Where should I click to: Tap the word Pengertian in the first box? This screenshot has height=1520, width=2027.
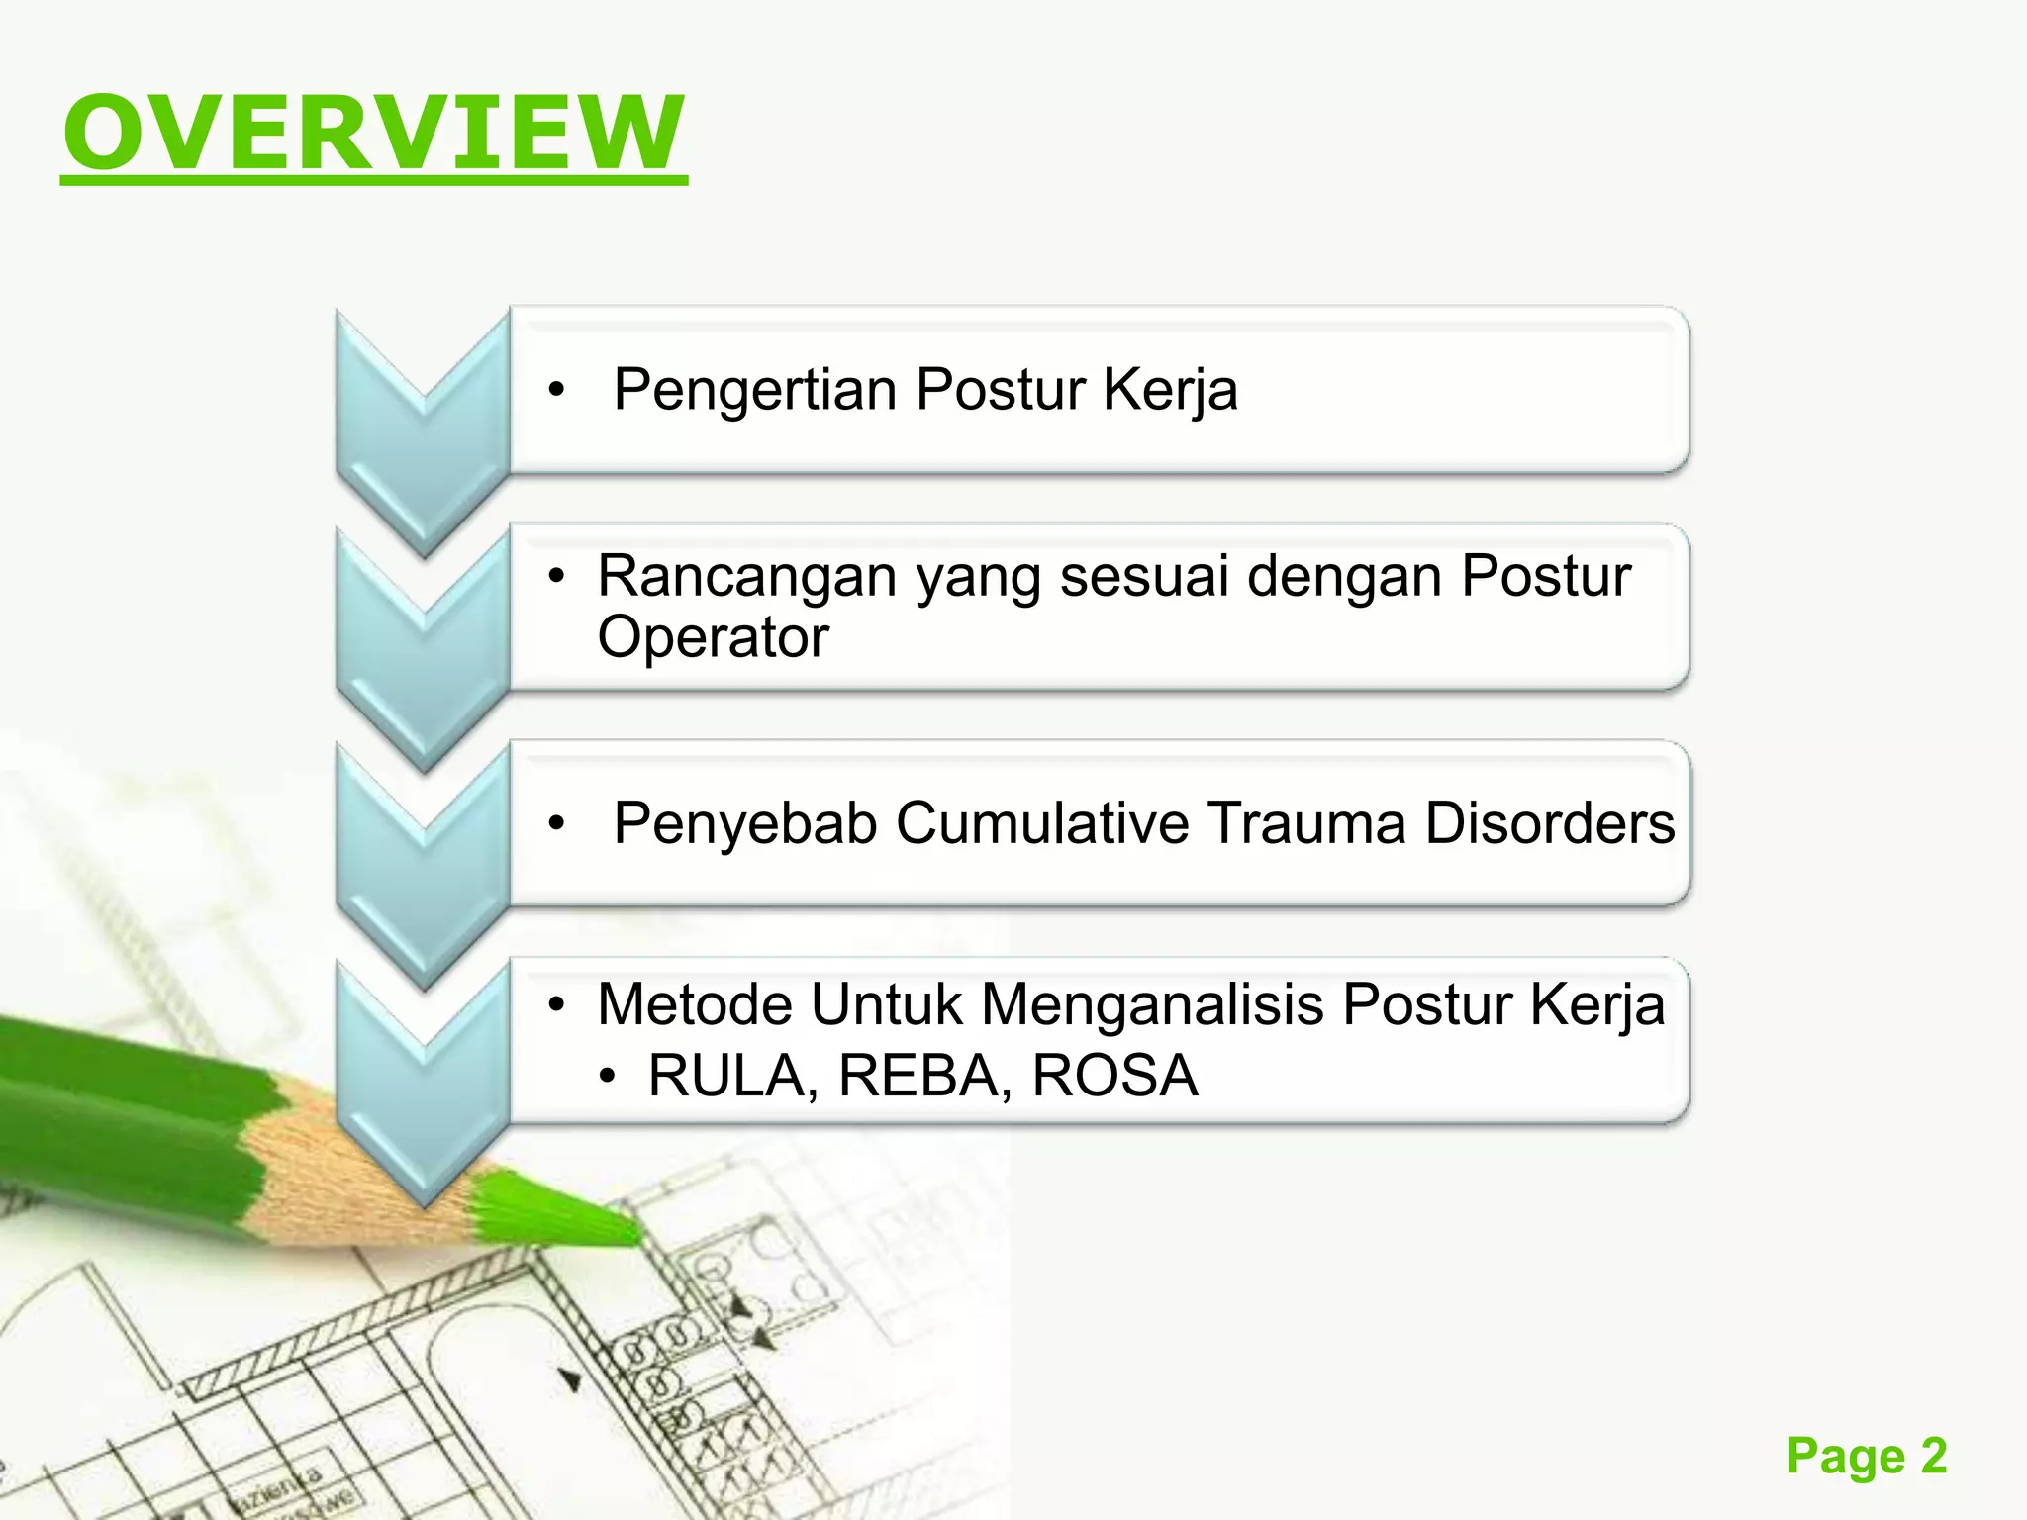pos(755,389)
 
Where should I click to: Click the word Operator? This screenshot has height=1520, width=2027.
pos(713,636)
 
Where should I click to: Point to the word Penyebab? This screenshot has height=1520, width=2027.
pos(745,823)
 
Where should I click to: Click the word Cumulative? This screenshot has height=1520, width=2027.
pos(1041,823)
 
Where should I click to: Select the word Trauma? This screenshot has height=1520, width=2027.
pos(1306,823)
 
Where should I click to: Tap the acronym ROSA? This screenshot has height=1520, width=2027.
pos(1114,1076)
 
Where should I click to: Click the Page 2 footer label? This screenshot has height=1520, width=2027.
pos(1867,1456)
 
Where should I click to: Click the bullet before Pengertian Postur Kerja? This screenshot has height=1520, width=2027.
pos(557,391)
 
